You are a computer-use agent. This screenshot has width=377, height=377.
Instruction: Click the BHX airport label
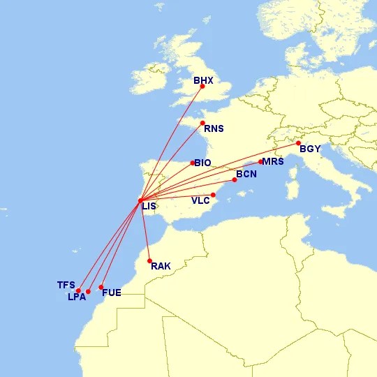[x=203, y=80]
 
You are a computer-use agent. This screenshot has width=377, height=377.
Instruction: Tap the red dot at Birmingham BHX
[x=202, y=87]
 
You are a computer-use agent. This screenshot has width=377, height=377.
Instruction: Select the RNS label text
[x=213, y=128]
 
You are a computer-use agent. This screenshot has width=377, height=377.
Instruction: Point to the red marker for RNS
[x=202, y=123]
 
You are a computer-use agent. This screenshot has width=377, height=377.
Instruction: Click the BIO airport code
[x=202, y=163]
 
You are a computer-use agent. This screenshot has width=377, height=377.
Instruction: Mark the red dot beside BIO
[x=193, y=163]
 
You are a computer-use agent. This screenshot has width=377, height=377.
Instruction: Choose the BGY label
[x=310, y=149]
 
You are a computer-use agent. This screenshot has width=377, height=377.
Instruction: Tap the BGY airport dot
[x=299, y=143]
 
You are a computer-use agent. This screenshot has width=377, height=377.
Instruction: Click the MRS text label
[x=272, y=162]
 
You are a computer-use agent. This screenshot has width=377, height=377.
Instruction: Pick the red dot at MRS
[x=261, y=162]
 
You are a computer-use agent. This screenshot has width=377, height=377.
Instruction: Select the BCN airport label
[x=246, y=174]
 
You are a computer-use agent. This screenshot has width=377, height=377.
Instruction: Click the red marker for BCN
[x=235, y=180]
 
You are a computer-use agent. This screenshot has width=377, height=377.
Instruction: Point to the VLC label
[x=201, y=200]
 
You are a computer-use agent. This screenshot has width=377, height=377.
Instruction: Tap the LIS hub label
[x=149, y=206]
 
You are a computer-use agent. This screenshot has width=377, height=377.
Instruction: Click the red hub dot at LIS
[x=141, y=201]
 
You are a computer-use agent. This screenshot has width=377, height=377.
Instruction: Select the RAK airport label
[x=161, y=266]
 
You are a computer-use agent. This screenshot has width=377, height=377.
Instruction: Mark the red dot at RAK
[x=149, y=261]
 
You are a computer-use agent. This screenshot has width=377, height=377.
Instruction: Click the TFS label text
[x=66, y=285]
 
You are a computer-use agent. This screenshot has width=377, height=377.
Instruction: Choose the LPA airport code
[x=77, y=297]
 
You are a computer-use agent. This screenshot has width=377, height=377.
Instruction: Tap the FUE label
[x=112, y=293]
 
